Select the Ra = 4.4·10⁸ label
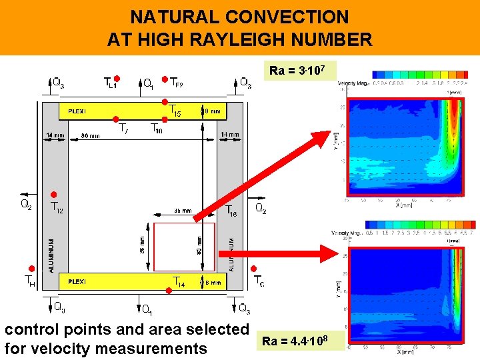301,341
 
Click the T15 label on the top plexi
174,111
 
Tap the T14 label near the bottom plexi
178,282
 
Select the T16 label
231,210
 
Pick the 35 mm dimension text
181,210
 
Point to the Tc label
258,282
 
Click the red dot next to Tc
253,269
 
